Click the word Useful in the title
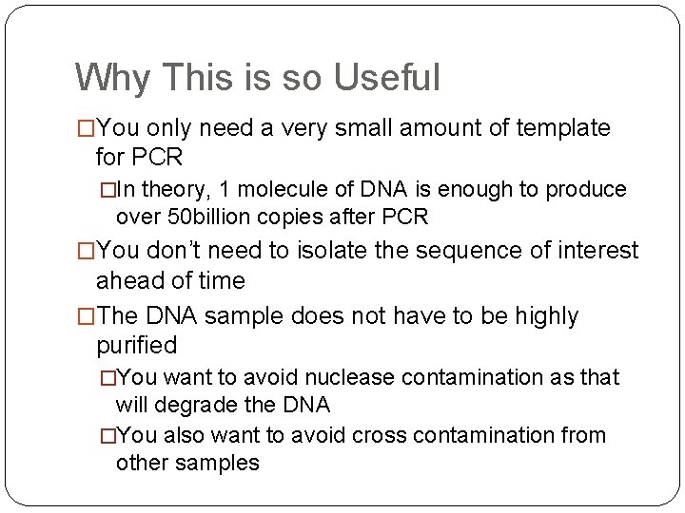pos(386,78)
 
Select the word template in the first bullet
pos(564,127)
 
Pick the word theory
pos(172,190)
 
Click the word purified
pos(137,344)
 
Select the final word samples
pos(215,463)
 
